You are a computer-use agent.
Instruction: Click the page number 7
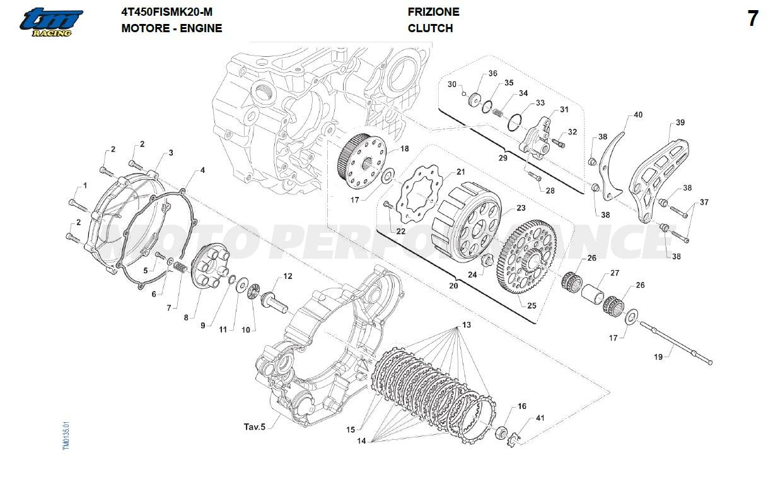[752, 19]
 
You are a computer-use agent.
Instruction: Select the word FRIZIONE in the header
[433, 11]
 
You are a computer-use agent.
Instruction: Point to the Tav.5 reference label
[254, 427]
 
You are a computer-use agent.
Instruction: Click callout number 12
[288, 276]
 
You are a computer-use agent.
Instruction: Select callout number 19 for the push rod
[658, 357]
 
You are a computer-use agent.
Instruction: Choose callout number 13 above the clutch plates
[467, 325]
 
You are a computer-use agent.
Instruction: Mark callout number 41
[540, 418]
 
